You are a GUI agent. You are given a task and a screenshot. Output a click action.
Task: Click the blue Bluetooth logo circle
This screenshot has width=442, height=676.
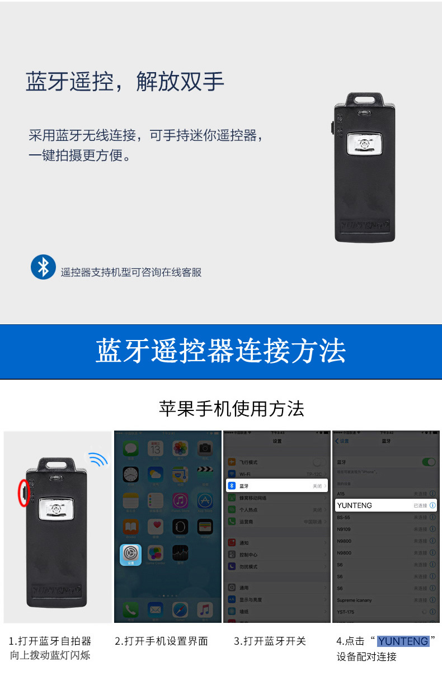click(x=43, y=267)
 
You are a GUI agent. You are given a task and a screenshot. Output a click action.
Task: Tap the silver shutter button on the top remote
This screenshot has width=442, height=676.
click(x=364, y=145)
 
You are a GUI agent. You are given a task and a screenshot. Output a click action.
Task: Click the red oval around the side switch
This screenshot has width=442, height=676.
click(x=23, y=493)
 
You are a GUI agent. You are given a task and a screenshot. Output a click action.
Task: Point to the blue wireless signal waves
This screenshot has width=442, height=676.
click(x=98, y=460)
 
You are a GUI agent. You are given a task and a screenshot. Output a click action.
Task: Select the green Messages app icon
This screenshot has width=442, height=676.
click(x=131, y=448)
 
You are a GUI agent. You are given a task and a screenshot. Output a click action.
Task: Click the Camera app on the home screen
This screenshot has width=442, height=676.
click(x=205, y=448)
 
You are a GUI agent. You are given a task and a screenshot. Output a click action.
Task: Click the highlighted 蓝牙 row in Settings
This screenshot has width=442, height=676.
click(x=276, y=486)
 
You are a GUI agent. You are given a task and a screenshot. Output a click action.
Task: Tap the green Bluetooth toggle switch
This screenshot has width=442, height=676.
click(x=429, y=462)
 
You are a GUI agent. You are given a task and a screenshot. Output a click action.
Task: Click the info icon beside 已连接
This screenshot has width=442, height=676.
click(x=432, y=505)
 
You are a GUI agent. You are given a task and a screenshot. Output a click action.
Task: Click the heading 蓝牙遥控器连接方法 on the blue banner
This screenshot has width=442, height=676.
click(x=220, y=351)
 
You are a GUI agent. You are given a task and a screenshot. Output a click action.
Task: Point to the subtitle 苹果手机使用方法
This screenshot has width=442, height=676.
click(x=232, y=409)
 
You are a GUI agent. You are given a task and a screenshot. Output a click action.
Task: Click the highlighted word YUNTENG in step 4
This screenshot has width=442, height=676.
click(x=403, y=641)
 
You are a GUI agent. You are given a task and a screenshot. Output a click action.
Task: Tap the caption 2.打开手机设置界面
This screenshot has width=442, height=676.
click(x=161, y=641)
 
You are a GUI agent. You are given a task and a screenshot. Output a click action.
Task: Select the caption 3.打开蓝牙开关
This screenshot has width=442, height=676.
click(x=270, y=641)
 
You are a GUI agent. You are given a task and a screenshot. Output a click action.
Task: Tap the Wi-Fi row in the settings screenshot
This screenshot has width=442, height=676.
click(x=276, y=474)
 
